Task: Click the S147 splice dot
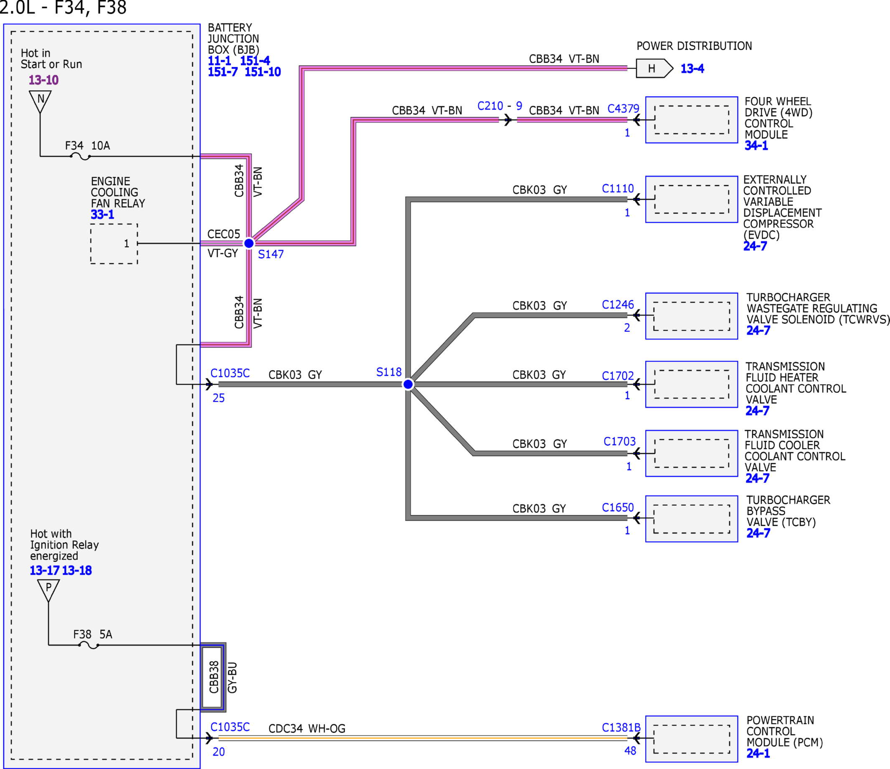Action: click(x=249, y=243)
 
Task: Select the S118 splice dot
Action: click(x=408, y=384)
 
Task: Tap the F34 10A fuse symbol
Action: click(x=80, y=157)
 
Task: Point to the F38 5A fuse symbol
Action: click(x=89, y=645)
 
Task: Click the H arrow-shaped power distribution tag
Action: click(x=654, y=68)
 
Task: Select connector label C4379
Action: click(x=623, y=109)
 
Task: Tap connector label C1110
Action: click(x=618, y=188)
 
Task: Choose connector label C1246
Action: click(x=618, y=305)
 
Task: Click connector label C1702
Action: click(x=618, y=376)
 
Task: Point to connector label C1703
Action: click(x=619, y=442)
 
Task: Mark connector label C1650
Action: click(x=618, y=508)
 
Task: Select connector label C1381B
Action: click(x=621, y=728)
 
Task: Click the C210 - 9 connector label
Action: click(x=500, y=106)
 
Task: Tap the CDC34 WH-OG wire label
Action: click(x=307, y=728)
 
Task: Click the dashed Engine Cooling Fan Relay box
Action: click(x=114, y=244)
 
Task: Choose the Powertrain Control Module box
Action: click(x=692, y=739)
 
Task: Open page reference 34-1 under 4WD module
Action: click(x=756, y=145)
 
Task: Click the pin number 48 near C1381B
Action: click(x=630, y=751)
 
